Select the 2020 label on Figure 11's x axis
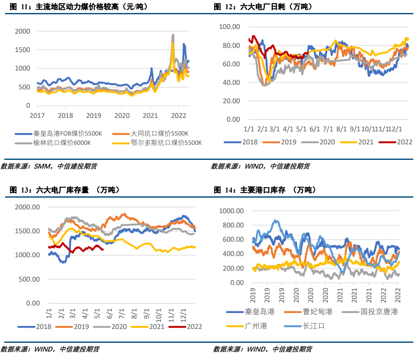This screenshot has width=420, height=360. [122, 115]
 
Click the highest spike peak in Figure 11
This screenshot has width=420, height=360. [173, 35]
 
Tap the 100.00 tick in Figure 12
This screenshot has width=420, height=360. [229, 27]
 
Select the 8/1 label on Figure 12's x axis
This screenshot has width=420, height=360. [342, 129]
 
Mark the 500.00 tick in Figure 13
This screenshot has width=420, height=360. [28, 279]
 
